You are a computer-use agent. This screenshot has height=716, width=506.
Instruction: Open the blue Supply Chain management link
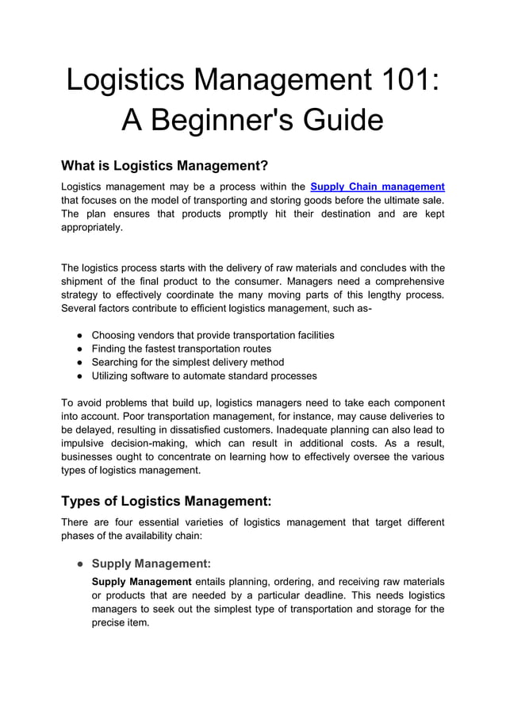point(378,187)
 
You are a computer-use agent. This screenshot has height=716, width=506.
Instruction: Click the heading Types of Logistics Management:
point(167,501)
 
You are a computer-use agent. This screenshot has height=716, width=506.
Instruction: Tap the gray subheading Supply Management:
point(151,564)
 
